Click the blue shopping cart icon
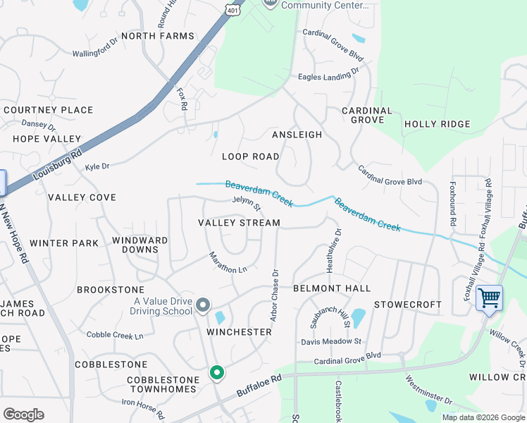(489, 297)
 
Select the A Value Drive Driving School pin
(203, 305)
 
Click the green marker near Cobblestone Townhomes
(217, 372)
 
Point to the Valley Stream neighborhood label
(239, 223)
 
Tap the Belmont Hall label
(332, 288)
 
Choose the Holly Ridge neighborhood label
(437, 124)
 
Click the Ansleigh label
(297, 135)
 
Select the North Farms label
(157, 36)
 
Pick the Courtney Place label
(49, 110)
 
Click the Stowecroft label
(407, 305)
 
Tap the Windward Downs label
(140, 245)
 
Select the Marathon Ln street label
(228, 262)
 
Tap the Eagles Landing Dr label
(328, 72)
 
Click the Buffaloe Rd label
(259, 386)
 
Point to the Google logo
(23, 414)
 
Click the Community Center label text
(325, 5)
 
